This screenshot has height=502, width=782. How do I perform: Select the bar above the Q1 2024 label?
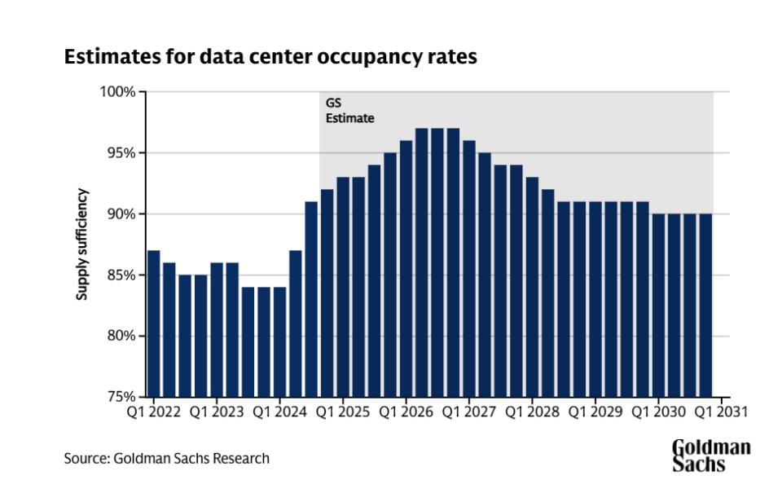click(x=279, y=341)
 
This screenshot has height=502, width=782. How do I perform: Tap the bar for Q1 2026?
click(x=406, y=269)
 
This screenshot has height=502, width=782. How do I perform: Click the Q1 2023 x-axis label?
click(x=217, y=412)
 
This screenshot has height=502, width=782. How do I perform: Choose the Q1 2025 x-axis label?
click(x=343, y=412)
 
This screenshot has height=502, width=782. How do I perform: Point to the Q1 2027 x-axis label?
click(x=469, y=412)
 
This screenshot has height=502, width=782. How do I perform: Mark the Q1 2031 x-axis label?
click(x=720, y=412)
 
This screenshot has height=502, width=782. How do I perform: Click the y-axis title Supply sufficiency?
click(x=81, y=244)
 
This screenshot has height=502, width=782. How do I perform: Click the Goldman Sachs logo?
click(x=711, y=456)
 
